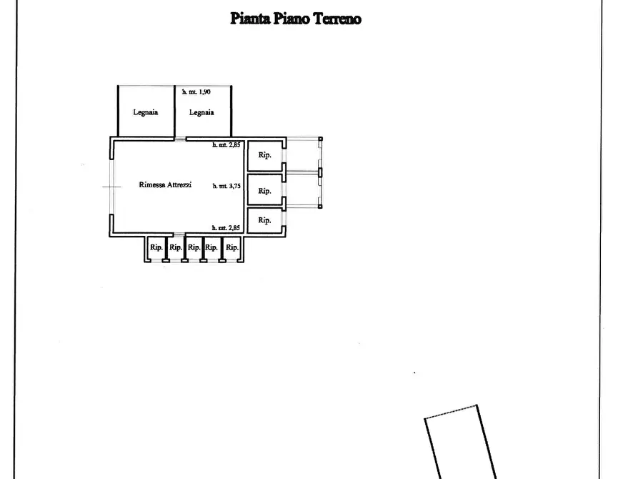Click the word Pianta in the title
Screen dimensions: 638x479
250,19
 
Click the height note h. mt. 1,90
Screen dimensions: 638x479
196,92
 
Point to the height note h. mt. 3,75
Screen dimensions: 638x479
226,186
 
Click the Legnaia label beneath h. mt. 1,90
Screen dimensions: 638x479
201,112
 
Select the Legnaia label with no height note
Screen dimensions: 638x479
145,112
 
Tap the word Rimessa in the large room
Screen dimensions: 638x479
151,184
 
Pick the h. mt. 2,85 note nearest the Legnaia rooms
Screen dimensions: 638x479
226,144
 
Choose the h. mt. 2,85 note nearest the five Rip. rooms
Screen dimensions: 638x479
226,227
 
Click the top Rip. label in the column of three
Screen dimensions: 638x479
264,154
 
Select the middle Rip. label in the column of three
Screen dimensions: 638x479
264,191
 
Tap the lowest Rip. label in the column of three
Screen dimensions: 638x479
264,220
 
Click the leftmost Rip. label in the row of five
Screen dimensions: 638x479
156,247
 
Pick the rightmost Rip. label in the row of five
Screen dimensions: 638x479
232,247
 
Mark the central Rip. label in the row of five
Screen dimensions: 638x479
194,247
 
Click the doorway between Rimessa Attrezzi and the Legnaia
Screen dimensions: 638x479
180,139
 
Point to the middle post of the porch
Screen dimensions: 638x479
320,173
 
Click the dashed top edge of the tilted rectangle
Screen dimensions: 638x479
450,411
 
